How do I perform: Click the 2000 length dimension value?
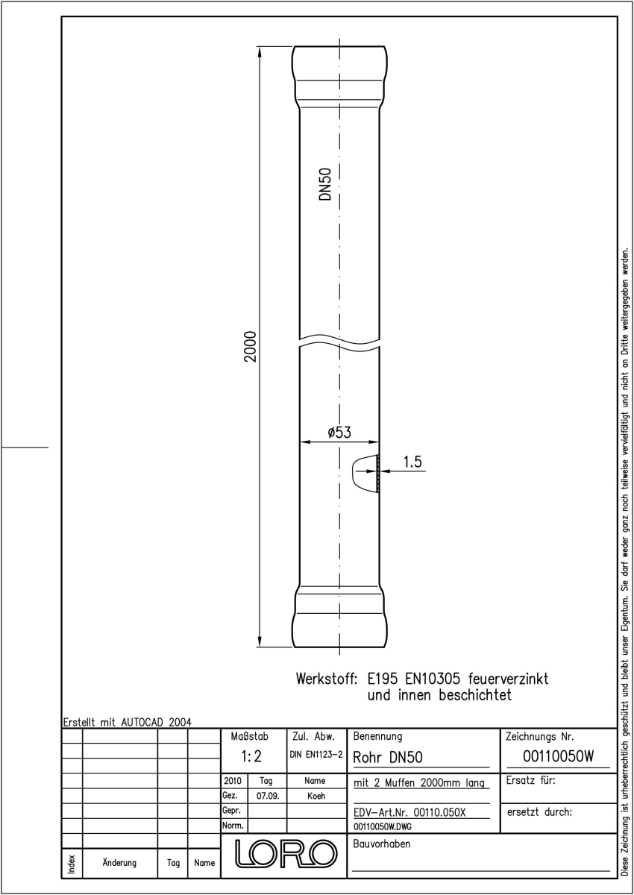[250, 346]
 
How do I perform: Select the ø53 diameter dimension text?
[339, 433]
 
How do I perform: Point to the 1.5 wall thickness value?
[412, 462]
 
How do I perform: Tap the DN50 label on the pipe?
[326, 184]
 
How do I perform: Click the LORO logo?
[286, 853]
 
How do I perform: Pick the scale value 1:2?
[251, 756]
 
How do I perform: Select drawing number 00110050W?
[558, 756]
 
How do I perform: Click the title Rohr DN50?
[388, 758]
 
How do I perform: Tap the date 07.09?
[268, 797]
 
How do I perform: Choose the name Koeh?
[316, 797]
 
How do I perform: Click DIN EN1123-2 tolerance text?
[316, 755]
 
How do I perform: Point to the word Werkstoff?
[327, 679]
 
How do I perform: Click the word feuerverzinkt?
[508, 679]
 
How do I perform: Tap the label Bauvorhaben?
[381, 844]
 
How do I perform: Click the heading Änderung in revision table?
[119, 863]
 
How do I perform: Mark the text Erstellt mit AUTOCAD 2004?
[128, 723]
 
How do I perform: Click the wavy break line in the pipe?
[339, 339]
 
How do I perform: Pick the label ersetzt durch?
[539, 812]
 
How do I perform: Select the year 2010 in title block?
[233, 781]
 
